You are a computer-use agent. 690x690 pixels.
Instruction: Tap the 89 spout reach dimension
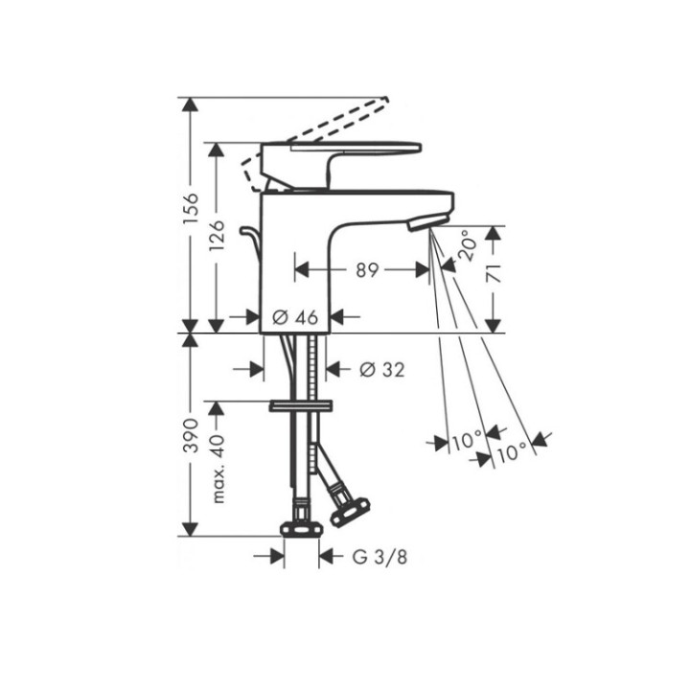[366, 271]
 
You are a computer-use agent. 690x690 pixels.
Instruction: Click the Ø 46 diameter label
[294, 316]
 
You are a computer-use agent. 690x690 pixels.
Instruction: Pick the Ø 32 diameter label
[379, 369]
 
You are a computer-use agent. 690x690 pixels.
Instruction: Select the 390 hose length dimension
[191, 434]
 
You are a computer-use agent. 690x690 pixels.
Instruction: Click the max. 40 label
[218, 468]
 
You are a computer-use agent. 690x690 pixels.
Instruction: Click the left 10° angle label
[467, 442]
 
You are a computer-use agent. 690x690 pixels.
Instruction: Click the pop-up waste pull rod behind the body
[252, 240]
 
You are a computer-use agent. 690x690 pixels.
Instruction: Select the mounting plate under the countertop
[300, 406]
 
